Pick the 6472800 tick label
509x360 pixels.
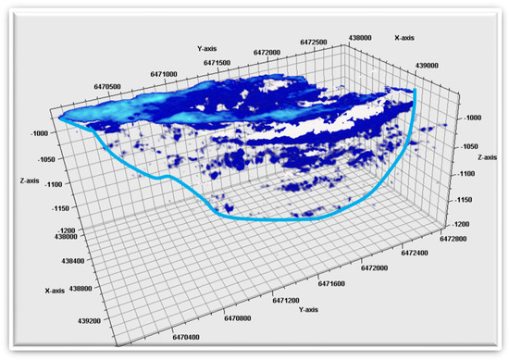pos(465,224)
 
